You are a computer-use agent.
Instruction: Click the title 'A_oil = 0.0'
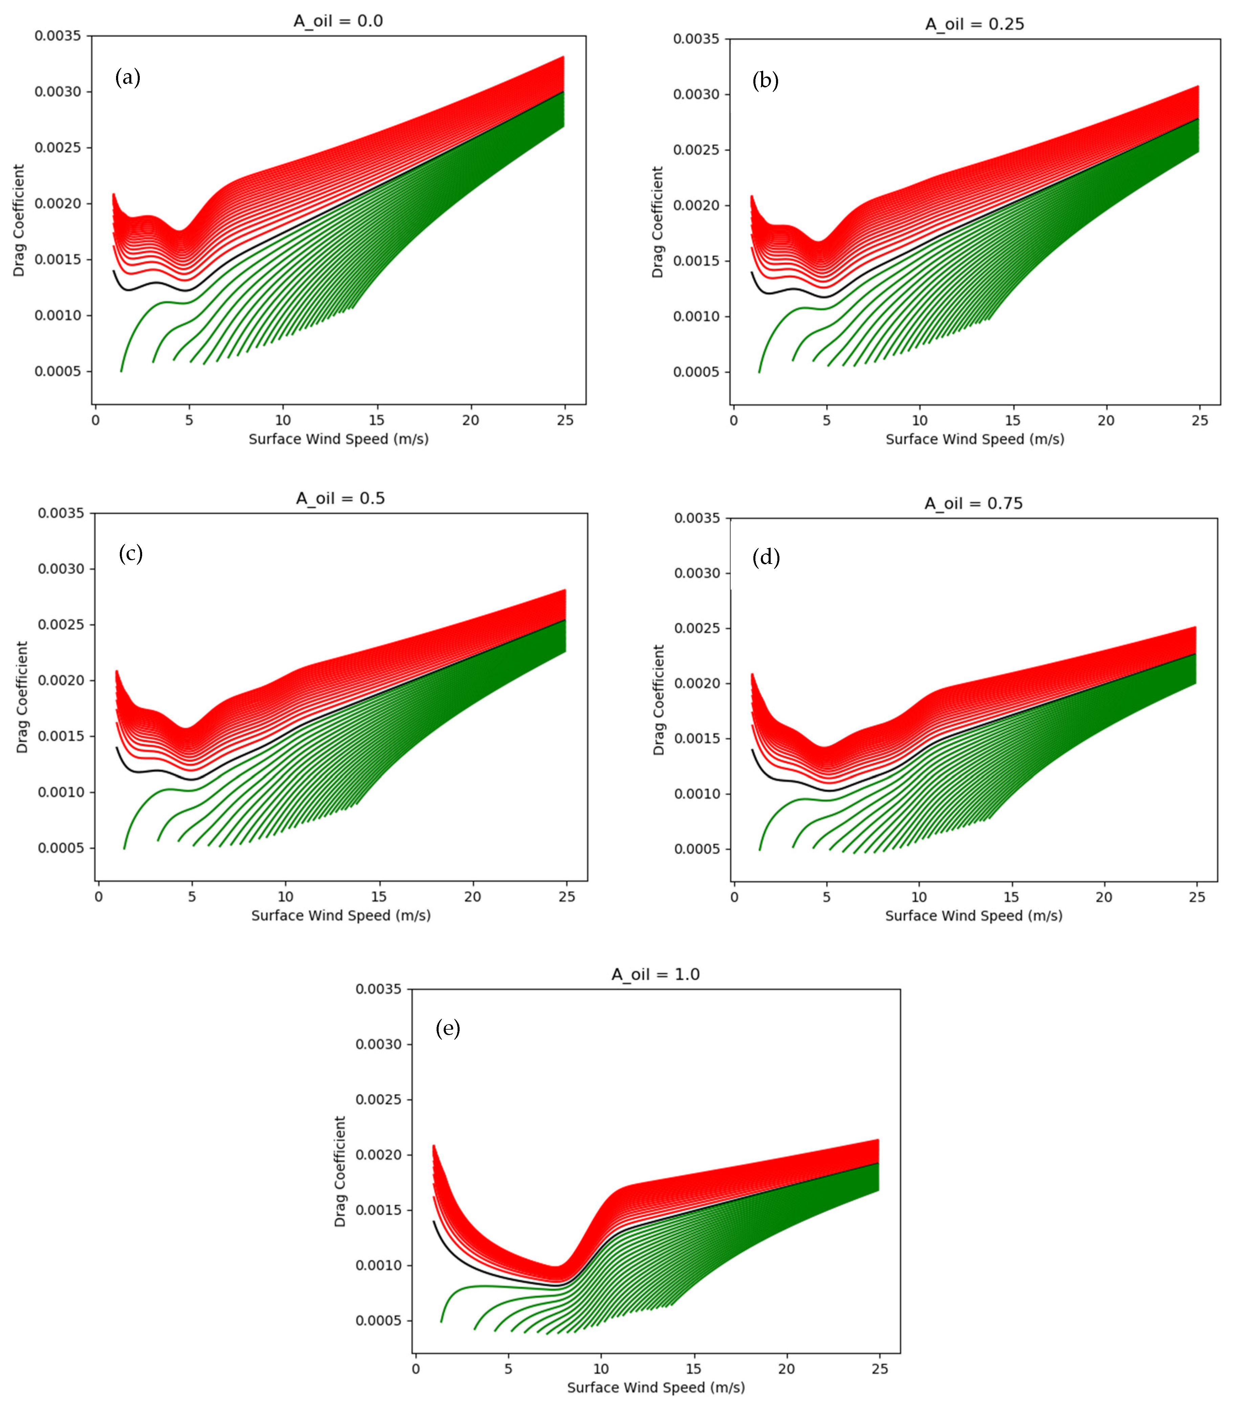pos(338,21)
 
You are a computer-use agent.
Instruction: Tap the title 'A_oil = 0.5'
pos(340,498)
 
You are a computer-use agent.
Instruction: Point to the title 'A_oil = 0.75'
pos(973,503)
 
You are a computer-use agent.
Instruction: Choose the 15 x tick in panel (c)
pos(379,896)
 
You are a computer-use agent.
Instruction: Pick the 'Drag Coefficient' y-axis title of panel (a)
pos(19,220)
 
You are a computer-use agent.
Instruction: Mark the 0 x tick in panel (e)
pos(416,1368)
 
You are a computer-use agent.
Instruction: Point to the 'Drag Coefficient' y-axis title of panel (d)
pos(658,700)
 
